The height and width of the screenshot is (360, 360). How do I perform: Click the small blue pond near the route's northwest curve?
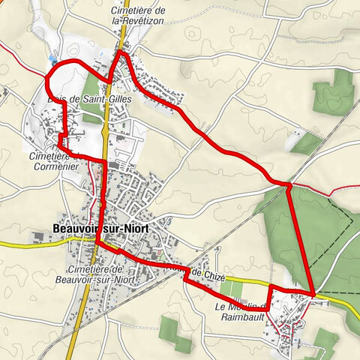pos(50,57)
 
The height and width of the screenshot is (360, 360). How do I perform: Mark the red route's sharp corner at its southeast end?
pos(312,292)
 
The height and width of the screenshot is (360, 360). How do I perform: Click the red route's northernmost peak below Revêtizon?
pos(119,52)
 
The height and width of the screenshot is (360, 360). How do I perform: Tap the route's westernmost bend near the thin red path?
pos(48,75)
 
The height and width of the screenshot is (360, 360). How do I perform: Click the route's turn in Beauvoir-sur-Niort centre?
pos(97,242)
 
